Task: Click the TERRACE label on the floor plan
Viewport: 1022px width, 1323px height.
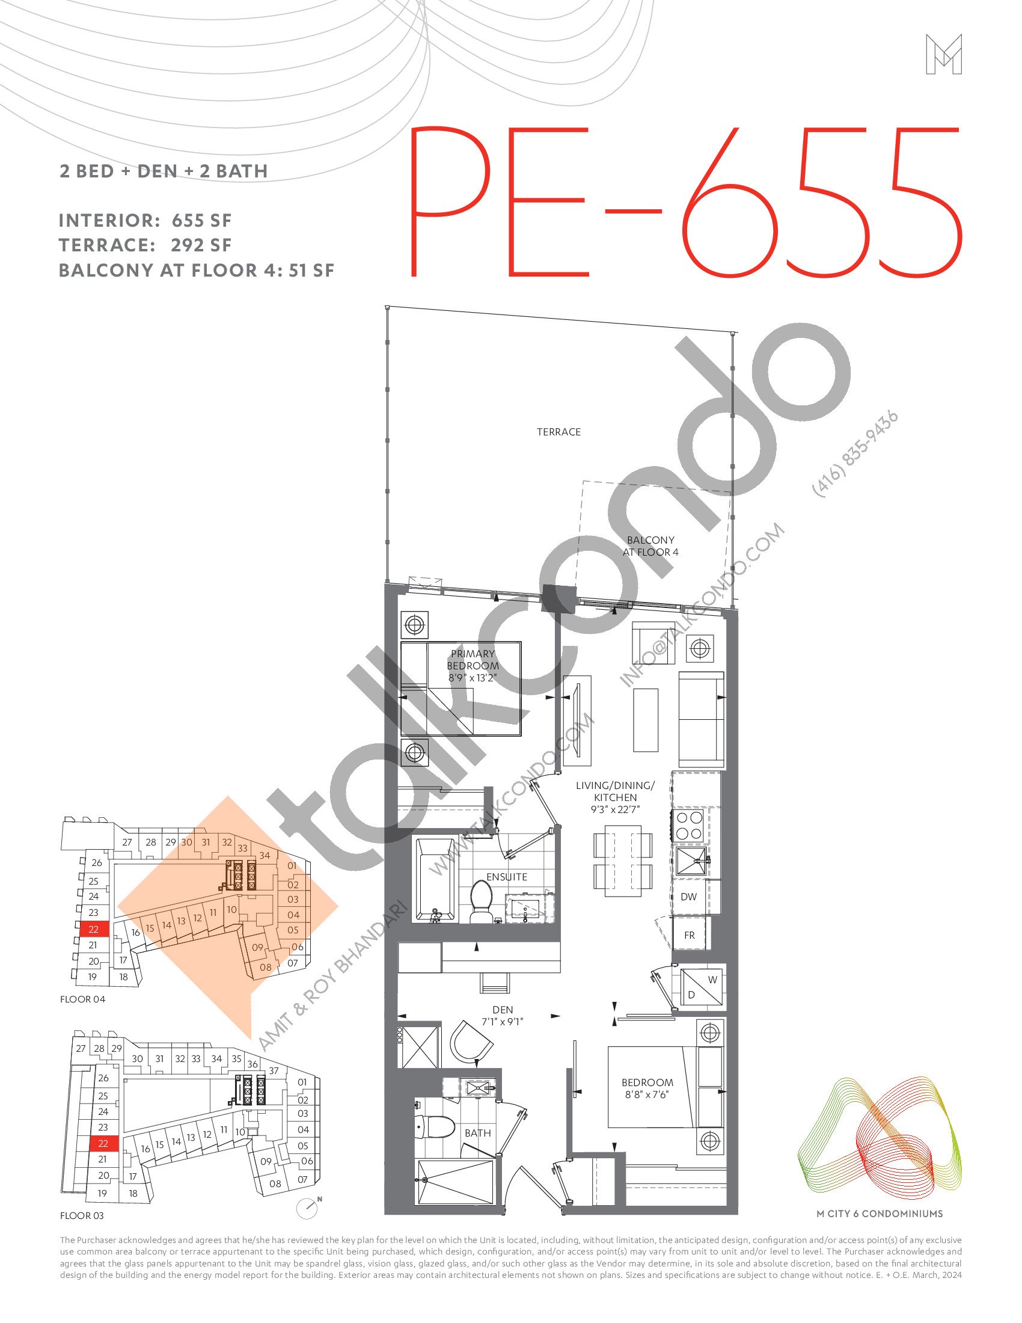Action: (558, 432)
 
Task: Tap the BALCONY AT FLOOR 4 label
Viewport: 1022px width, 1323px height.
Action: (650, 546)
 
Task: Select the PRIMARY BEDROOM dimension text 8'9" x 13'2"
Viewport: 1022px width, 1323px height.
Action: (473, 678)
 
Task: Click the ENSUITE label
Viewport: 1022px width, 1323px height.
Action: (507, 877)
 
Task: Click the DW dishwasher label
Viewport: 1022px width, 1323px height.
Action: (688, 897)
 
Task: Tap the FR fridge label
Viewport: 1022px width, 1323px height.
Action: (689, 935)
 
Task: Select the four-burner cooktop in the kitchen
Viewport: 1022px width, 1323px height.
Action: (689, 826)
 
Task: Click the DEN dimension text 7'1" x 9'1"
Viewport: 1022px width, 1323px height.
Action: (502, 1021)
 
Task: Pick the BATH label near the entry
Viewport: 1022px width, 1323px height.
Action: (478, 1133)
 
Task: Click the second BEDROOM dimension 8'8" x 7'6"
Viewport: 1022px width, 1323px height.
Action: (647, 1094)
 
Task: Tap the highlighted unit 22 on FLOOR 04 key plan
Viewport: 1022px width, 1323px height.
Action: (93, 929)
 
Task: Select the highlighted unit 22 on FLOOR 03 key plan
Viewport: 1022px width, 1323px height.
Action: (103, 1143)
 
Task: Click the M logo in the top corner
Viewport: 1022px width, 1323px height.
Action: (943, 55)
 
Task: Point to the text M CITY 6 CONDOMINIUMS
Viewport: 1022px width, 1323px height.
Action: (879, 1214)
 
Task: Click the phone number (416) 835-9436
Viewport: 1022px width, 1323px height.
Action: (854, 454)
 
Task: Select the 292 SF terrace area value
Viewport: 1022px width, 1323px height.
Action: (201, 245)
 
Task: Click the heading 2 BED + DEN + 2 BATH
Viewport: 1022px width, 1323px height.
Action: (164, 171)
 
